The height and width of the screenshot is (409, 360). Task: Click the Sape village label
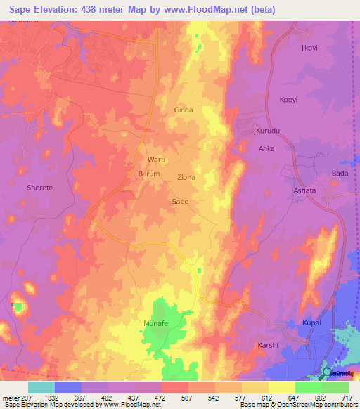180,202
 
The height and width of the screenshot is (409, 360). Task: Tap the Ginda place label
183,110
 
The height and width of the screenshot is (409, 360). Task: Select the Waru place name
155,160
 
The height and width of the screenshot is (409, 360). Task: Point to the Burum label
149,174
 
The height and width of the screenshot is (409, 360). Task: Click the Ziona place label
186,178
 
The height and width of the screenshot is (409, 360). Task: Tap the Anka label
266,149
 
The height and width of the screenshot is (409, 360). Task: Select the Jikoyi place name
309,48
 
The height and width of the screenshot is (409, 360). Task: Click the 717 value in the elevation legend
348,397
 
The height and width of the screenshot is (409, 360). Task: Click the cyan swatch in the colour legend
41,387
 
